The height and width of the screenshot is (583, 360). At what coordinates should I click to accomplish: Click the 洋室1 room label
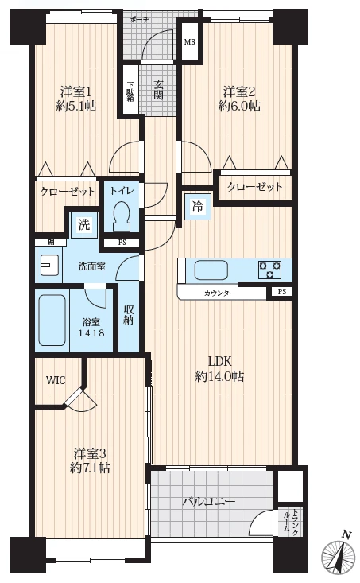tap(75, 91)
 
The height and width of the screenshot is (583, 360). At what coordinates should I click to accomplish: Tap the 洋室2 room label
tap(239, 91)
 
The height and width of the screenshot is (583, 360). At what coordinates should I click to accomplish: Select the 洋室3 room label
tap(90, 453)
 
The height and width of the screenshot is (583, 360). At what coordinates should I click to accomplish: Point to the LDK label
tap(219, 361)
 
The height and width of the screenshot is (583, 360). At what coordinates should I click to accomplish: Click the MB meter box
tap(190, 41)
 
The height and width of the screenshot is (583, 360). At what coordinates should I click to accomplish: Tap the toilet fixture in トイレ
tap(122, 216)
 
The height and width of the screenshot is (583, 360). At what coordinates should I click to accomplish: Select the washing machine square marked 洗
tap(84, 224)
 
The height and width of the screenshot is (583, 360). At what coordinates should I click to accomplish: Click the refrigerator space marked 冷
tap(198, 207)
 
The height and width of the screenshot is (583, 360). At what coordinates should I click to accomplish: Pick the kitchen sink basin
tap(211, 270)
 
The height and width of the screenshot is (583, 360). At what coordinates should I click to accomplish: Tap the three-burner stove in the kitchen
tap(270, 270)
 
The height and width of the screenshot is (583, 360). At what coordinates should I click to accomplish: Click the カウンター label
tap(219, 293)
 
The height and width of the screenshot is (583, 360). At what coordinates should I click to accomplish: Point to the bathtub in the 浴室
tap(52, 320)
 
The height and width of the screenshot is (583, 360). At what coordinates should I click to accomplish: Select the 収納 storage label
tap(129, 315)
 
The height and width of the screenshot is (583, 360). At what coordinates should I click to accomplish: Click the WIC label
tap(56, 380)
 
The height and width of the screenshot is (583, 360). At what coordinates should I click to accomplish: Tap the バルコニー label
tap(208, 502)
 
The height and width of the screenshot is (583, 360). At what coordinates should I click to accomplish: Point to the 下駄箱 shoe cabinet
tap(131, 91)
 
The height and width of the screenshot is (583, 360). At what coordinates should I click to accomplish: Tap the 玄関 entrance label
tap(159, 91)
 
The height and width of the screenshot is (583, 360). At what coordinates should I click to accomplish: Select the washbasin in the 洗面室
tap(49, 265)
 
